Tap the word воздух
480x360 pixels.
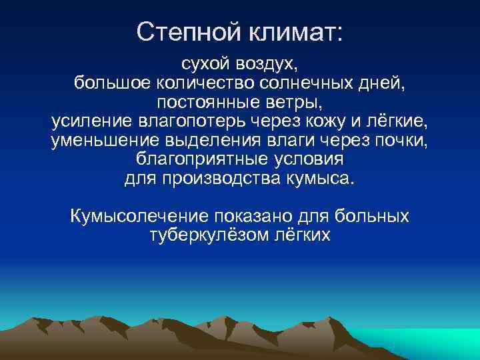coord(266,66)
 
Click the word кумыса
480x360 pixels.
coord(323,179)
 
